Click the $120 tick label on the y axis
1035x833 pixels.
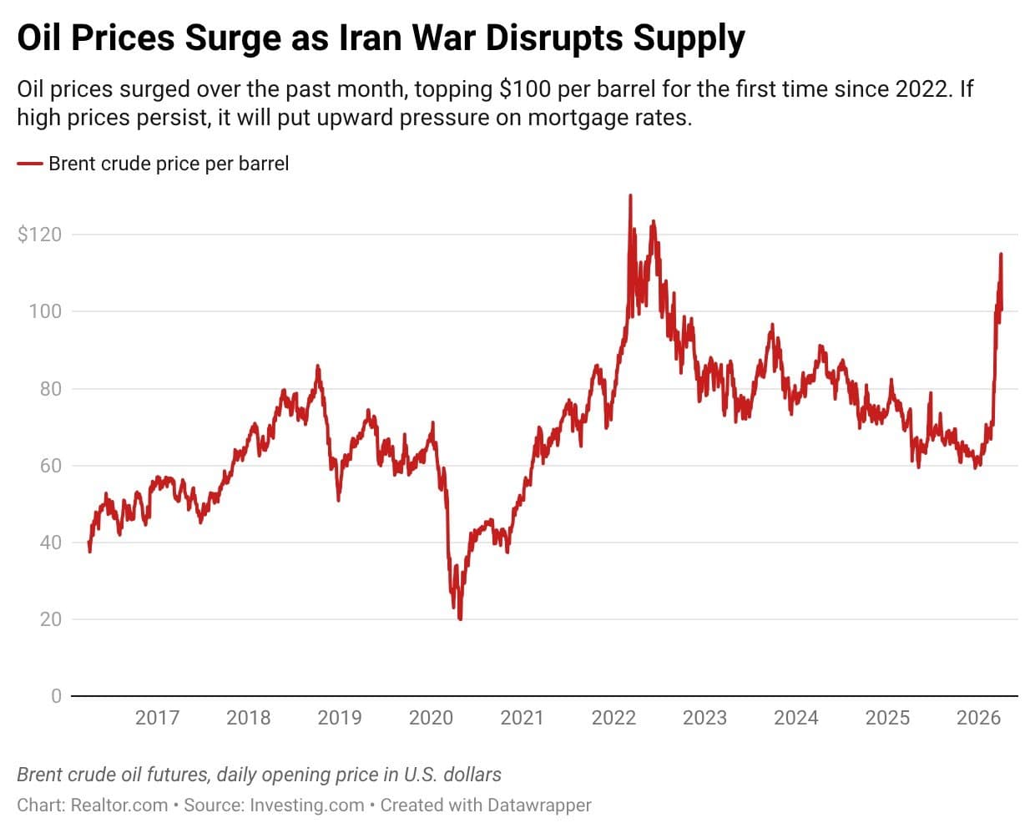point(39,235)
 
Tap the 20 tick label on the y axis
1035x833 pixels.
point(50,619)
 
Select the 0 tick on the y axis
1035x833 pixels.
point(56,696)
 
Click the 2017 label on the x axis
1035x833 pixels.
point(157,718)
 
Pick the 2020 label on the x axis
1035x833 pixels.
point(431,718)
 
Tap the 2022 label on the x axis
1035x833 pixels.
point(613,718)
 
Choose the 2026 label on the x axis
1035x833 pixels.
point(978,718)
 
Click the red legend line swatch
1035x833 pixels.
point(29,164)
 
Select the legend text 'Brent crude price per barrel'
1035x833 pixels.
point(169,164)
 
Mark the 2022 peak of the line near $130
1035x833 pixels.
point(630,196)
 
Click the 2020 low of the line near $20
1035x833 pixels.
point(460,618)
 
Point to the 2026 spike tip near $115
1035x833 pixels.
point(1001,255)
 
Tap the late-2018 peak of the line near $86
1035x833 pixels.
point(317,366)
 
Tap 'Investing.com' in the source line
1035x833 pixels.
point(307,805)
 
